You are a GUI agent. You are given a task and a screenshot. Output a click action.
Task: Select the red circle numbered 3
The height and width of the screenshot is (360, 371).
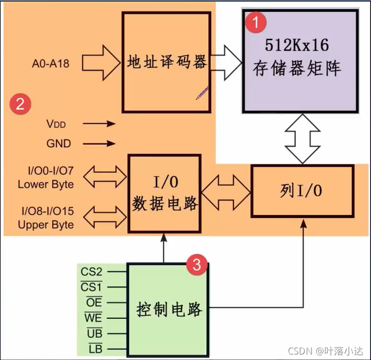pyautogui.click(x=196, y=265)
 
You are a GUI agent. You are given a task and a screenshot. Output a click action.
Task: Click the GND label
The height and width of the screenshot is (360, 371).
pyautogui.click(x=59, y=144)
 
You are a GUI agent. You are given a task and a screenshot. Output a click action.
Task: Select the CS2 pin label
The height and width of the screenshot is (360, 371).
pyautogui.click(x=92, y=271)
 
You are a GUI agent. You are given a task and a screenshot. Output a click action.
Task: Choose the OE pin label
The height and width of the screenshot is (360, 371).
pyautogui.click(x=93, y=302)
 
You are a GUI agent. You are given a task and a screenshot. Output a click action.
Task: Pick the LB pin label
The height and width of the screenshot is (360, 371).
pyautogui.click(x=94, y=349)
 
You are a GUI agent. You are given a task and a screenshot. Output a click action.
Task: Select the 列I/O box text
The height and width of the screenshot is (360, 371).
pyautogui.click(x=301, y=191)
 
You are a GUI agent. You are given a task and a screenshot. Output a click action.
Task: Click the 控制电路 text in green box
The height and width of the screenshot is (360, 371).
pyautogui.click(x=169, y=309)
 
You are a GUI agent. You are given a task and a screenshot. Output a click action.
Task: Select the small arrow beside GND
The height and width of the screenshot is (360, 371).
pyautogui.click(x=103, y=144)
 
